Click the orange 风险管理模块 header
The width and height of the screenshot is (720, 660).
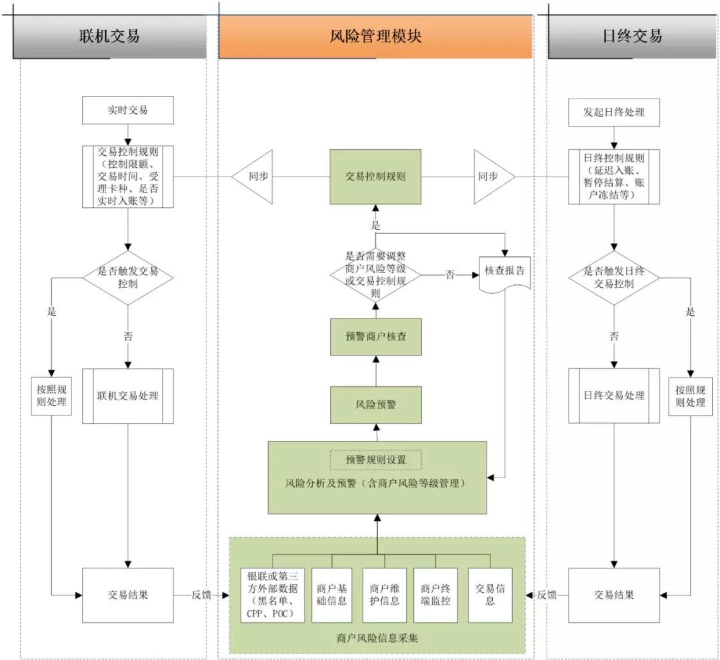[x=375, y=36]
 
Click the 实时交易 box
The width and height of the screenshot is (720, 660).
[x=127, y=110]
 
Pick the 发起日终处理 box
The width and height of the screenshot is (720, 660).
[x=614, y=111]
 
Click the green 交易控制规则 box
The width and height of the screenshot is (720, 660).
[x=375, y=177]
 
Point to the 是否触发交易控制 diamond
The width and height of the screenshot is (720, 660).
[x=127, y=278]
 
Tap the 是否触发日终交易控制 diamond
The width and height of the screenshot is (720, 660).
[x=614, y=278]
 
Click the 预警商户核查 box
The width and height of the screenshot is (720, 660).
[x=376, y=336]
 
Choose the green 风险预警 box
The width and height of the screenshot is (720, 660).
[x=376, y=404]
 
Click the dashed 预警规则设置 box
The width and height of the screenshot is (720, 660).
[x=376, y=460]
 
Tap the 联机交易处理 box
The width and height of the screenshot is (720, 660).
[x=127, y=396]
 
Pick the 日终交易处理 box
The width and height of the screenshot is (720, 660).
[x=614, y=396]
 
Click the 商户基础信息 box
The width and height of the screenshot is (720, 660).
[x=332, y=595]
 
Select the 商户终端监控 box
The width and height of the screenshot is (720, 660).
[x=436, y=595]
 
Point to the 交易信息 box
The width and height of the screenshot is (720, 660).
[x=490, y=595]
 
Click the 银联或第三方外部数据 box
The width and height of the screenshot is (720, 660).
[x=272, y=595]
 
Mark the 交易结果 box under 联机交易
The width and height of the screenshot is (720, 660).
[x=127, y=595]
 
